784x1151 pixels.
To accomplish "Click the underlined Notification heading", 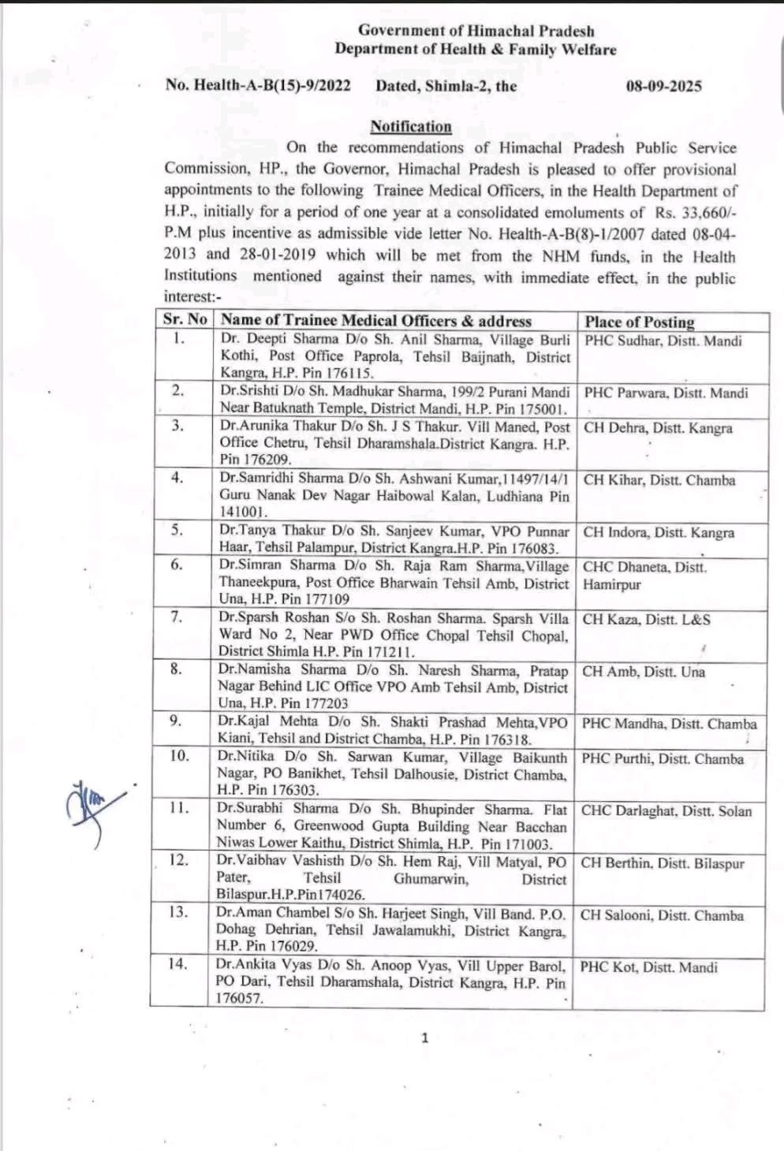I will pyautogui.click(x=411, y=127).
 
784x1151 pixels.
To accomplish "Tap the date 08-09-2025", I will pyautogui.click(x=663, y=87).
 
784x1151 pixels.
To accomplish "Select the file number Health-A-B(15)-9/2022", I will pyautogui.click(x=272, y=85).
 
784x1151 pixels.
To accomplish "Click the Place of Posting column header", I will pyautogui.click(x=640, y=322).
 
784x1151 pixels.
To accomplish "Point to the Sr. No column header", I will pyautogui.click(x=185, y=319).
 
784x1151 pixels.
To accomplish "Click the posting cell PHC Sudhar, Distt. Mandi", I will pyautogui.click(x=663, y=341).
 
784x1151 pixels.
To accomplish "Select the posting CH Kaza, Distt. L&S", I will pyautogui.click(x=646, y=620).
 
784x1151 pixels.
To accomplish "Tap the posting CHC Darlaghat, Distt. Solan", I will pyautogui.click(x=666, y=810).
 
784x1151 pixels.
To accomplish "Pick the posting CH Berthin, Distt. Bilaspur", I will pyautogui.click(x=663, y=863).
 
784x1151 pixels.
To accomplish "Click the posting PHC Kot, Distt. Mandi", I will pyautogui.click(x=648, y=967).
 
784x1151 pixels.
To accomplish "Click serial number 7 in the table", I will pyautogui.click(x=177, y=616).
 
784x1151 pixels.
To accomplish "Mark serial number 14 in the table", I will pyautogui.click(x=177, y=963).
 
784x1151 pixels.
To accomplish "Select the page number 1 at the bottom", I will pyautogui.click(x=425, y=1037).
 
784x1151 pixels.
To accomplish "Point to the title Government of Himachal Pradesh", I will pyautogui.click(x=476, y=31).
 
